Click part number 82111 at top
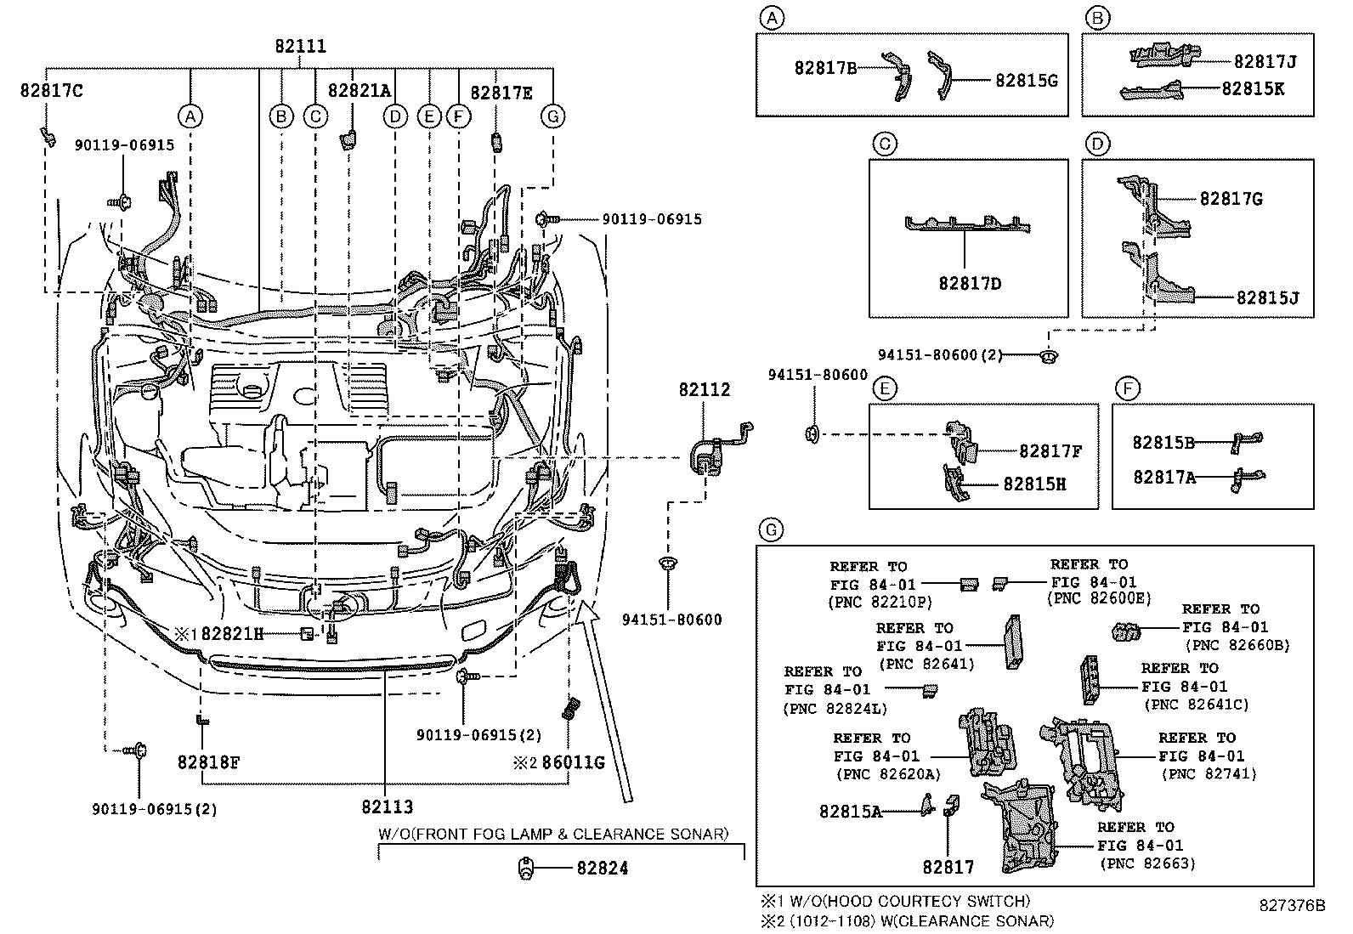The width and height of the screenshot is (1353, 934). coord(300,48)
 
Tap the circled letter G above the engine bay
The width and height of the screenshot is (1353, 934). coord(553,116)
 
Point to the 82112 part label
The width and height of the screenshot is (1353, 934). coord(704,390)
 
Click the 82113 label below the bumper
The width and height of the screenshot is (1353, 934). coord(387,807)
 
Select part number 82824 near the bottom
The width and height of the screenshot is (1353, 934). coord(602,869)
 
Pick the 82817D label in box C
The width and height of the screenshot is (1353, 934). coord(970,283)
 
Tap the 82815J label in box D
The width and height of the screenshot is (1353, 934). coord(1267,298)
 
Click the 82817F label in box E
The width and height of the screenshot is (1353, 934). coord(1050,452)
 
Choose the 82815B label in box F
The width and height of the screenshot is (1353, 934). coord(1163,443)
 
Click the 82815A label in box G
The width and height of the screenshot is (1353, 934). coord(850,812)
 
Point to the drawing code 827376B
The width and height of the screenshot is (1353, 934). coord(1292,905)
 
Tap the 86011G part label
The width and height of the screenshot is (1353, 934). coord(572,762)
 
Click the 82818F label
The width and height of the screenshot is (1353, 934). coord(208,762)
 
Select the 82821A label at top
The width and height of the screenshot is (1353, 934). coord(359,91)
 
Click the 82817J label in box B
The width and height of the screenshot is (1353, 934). coord(1265,61)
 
